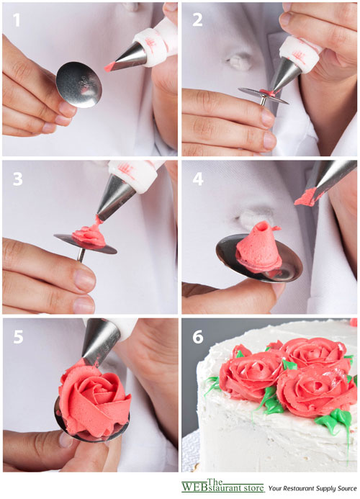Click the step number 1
pyautogui.click(x=17, y=19)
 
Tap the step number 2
pyautogui.click(x=197, y=19)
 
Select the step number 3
pyautogui.click(x=17, y=179)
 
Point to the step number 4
pyautogui.click(x=198, y=179)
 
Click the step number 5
pyautogui.click(x=18, y=337)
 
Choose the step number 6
pyautogui.click(x=198, y=337)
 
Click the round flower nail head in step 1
pyautogui.click(x=79, y=85)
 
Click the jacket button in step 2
pyautogui.click(x=240, y=60)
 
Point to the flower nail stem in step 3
pyautogui.click(x=81, y=255)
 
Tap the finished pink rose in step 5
pyautogui.click(x=94, y=399)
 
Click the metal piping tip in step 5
pyautogui.click(x=100, y=343)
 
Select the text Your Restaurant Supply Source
pyautogui.click(x=312, y=488)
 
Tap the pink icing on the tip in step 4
pyautogui.click(x=305, y=197)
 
